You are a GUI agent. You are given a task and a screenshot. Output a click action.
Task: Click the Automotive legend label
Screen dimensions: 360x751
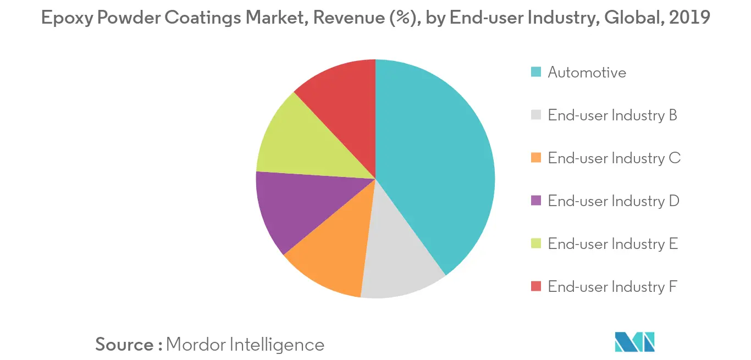coord(587,73)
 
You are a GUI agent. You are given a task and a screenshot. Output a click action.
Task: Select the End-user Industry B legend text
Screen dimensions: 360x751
coord(612,115)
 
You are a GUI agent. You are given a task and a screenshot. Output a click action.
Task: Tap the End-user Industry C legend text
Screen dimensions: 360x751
coord(614,158)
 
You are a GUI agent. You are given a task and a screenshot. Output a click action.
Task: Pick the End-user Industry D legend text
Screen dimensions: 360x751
coord(614,201)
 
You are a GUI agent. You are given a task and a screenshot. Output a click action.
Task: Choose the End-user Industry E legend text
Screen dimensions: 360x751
coord(612,244)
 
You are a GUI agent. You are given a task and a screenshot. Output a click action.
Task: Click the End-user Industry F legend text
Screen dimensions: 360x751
coord(612,287)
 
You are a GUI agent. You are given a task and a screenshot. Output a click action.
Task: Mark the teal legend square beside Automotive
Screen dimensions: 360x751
coord(536,72)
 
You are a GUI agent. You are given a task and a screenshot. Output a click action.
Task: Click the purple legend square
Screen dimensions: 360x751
coord(536,201)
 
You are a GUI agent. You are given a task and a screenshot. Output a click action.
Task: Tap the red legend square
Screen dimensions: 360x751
coord(536,286)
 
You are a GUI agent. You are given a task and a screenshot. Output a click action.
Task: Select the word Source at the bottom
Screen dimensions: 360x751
coord(124,345)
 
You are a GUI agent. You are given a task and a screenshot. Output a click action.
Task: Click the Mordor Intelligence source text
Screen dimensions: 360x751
coord(245,345)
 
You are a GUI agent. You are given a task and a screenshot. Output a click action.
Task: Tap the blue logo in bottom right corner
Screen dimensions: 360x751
coord(634,342)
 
